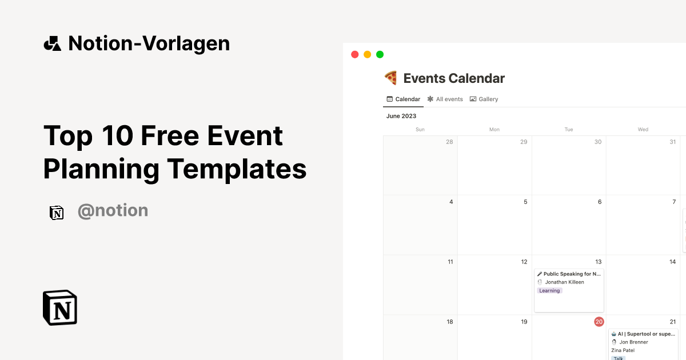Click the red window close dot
point(354,54)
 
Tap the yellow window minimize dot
point(367,54)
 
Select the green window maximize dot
point(380,54)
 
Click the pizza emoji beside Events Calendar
point(391,78)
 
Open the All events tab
point(445,99)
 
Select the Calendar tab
point(404,99)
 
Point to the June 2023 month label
point(401,116)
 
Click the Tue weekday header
point(569,130)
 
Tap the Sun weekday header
point(420,130)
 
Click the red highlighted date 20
point(599,322)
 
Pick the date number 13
point(599,262)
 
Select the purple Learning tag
point(550,290)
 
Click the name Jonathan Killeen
point(564,282)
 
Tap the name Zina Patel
point(623,350)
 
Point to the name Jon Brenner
point(633,342)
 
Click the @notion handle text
point(113,211)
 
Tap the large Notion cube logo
point(60,307)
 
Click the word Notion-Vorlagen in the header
point(149,43)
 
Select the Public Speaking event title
point(572,274)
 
